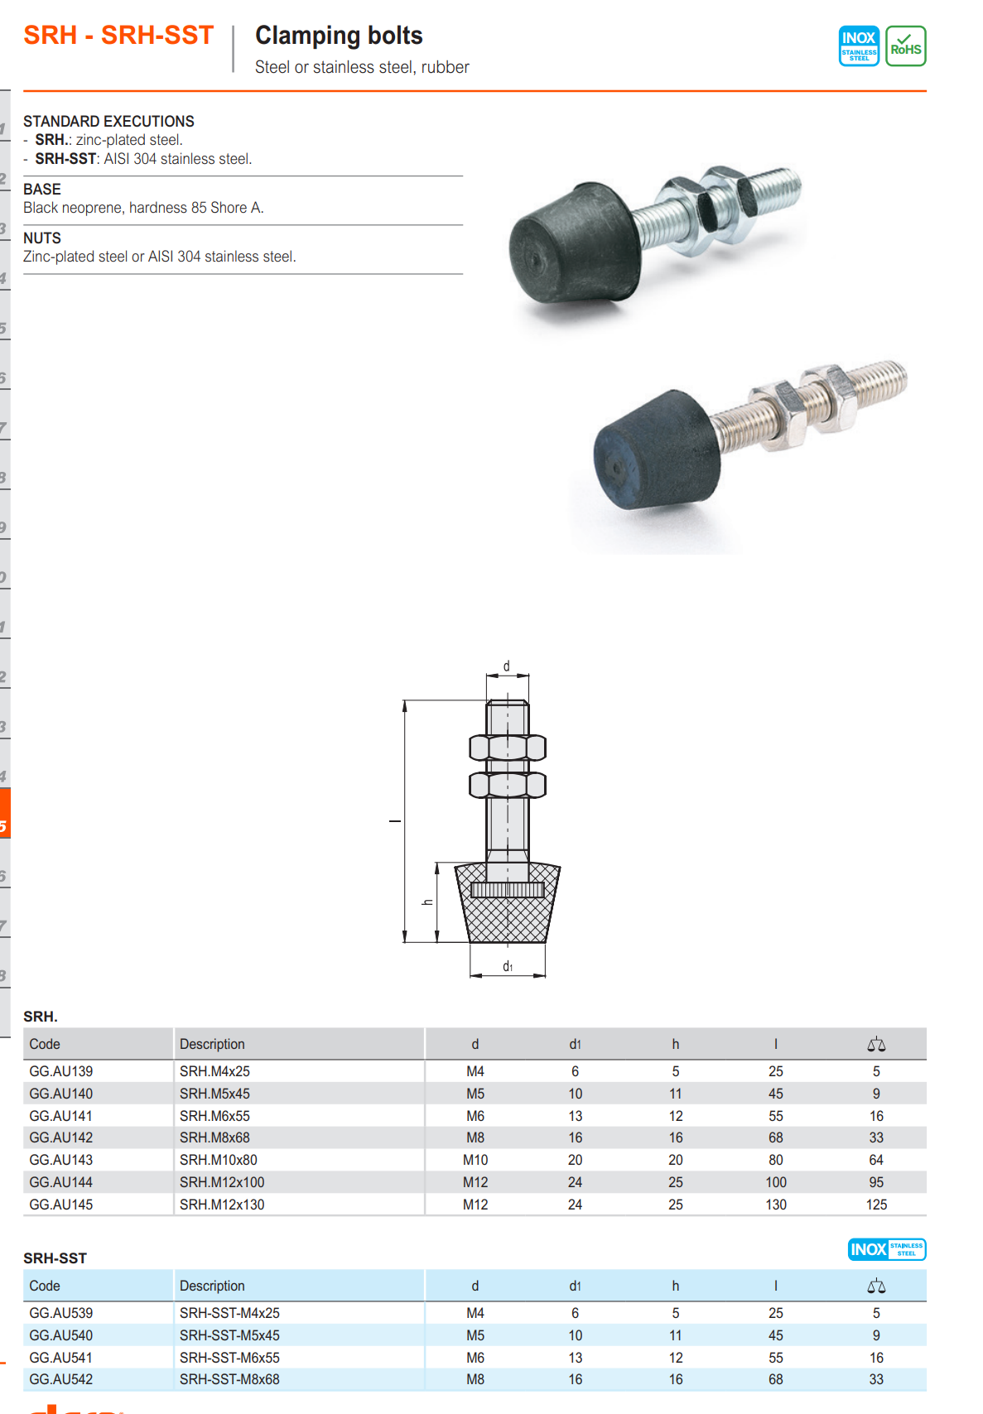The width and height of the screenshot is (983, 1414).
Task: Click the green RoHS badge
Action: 905,46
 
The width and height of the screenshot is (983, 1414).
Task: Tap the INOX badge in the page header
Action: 859,46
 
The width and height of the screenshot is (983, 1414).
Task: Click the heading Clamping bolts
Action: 339,36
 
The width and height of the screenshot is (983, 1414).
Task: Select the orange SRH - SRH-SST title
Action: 118,36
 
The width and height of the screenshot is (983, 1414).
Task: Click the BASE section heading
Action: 42,190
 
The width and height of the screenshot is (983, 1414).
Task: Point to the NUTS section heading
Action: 42,238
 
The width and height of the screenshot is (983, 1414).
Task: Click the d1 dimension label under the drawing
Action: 508,966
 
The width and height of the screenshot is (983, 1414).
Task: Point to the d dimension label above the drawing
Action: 506,666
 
